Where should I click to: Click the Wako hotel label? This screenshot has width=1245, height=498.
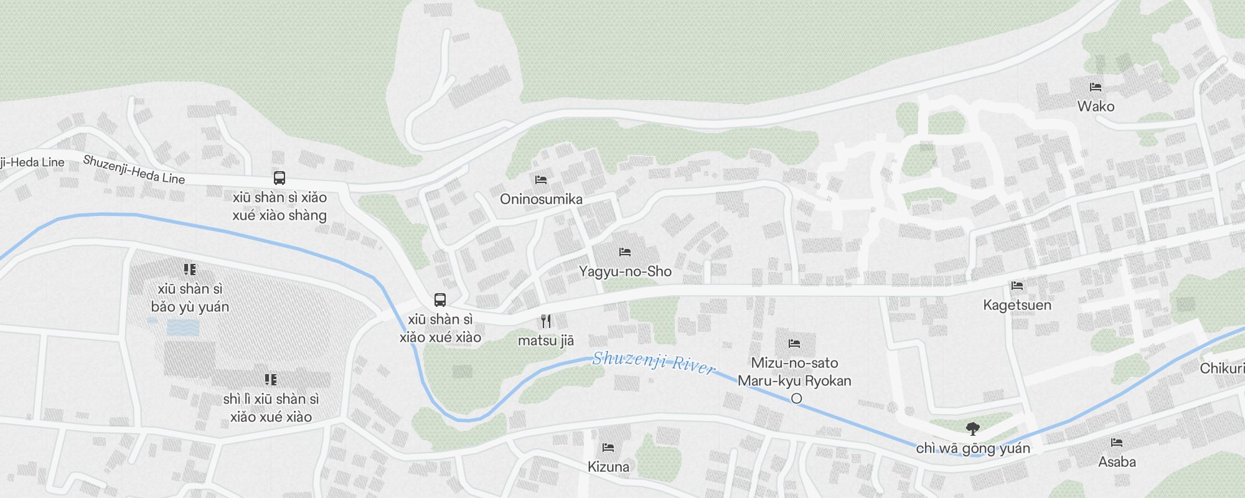pyautogui.click(x=1096, y=106)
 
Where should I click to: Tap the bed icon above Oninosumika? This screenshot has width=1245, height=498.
pyautogui.click(x=541, y=180)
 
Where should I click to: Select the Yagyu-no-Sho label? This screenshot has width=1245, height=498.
pyautogui.click(x=625, y=271)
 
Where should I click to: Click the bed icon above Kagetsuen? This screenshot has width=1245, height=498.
pyautogui.click(x=1017, y=286)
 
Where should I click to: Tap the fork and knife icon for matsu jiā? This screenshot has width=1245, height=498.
pyautogui.click(x=546, y=321)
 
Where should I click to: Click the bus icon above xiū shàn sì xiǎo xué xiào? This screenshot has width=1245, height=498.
pyautogui.click(x=440, y=300)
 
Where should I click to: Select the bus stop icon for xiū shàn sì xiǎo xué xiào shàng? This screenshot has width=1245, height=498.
pyautogui.click(x=280, y=178)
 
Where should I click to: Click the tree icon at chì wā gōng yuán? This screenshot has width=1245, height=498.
pyautogui.click(x=972, y=428)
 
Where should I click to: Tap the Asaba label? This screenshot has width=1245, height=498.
pyautogui.click(x=1117, y=462)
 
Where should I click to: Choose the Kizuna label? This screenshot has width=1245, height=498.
pyautogui.click(x=608, y=467)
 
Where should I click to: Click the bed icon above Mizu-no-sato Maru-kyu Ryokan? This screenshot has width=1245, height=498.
pyautogui.click(x=794, y=344)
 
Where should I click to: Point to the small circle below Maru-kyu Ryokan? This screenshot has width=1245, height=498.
pyautogui.click(x=796, y=398)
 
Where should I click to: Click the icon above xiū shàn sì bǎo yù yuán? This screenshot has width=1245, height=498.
pyautogui.click(x=190, y=270)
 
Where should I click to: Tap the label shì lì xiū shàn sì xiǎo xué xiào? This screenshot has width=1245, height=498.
pyautogui.click(x=271, y=408)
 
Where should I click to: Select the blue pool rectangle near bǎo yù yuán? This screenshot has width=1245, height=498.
pyautogui.click(x=183, y=327)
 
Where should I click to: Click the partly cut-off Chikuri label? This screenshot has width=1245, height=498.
pyautogui.click(x=1222, y=369)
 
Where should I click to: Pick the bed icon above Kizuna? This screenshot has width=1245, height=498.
pyautogui.click(x=608, y=448)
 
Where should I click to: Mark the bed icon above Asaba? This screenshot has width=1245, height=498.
pyautogui.click(x=1117, y=443)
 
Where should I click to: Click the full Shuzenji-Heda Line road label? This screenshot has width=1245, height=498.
pyautogui.click(x=134, y=169)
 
